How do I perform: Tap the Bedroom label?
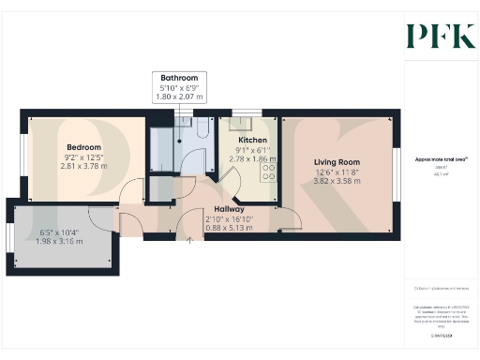[82, 147]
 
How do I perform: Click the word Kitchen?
[253, 141]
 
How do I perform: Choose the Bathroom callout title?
[179, 78]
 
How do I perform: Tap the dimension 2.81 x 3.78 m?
[82, 166]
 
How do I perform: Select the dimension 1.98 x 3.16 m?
[63, 241]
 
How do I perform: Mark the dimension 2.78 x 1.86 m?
[253, 159]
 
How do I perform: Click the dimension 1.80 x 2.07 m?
[179, 97]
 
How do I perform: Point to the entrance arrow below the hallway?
[191, 241]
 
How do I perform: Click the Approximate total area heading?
[442, 159]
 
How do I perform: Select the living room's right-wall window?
[396, 173]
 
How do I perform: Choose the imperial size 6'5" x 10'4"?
[63, 232]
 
